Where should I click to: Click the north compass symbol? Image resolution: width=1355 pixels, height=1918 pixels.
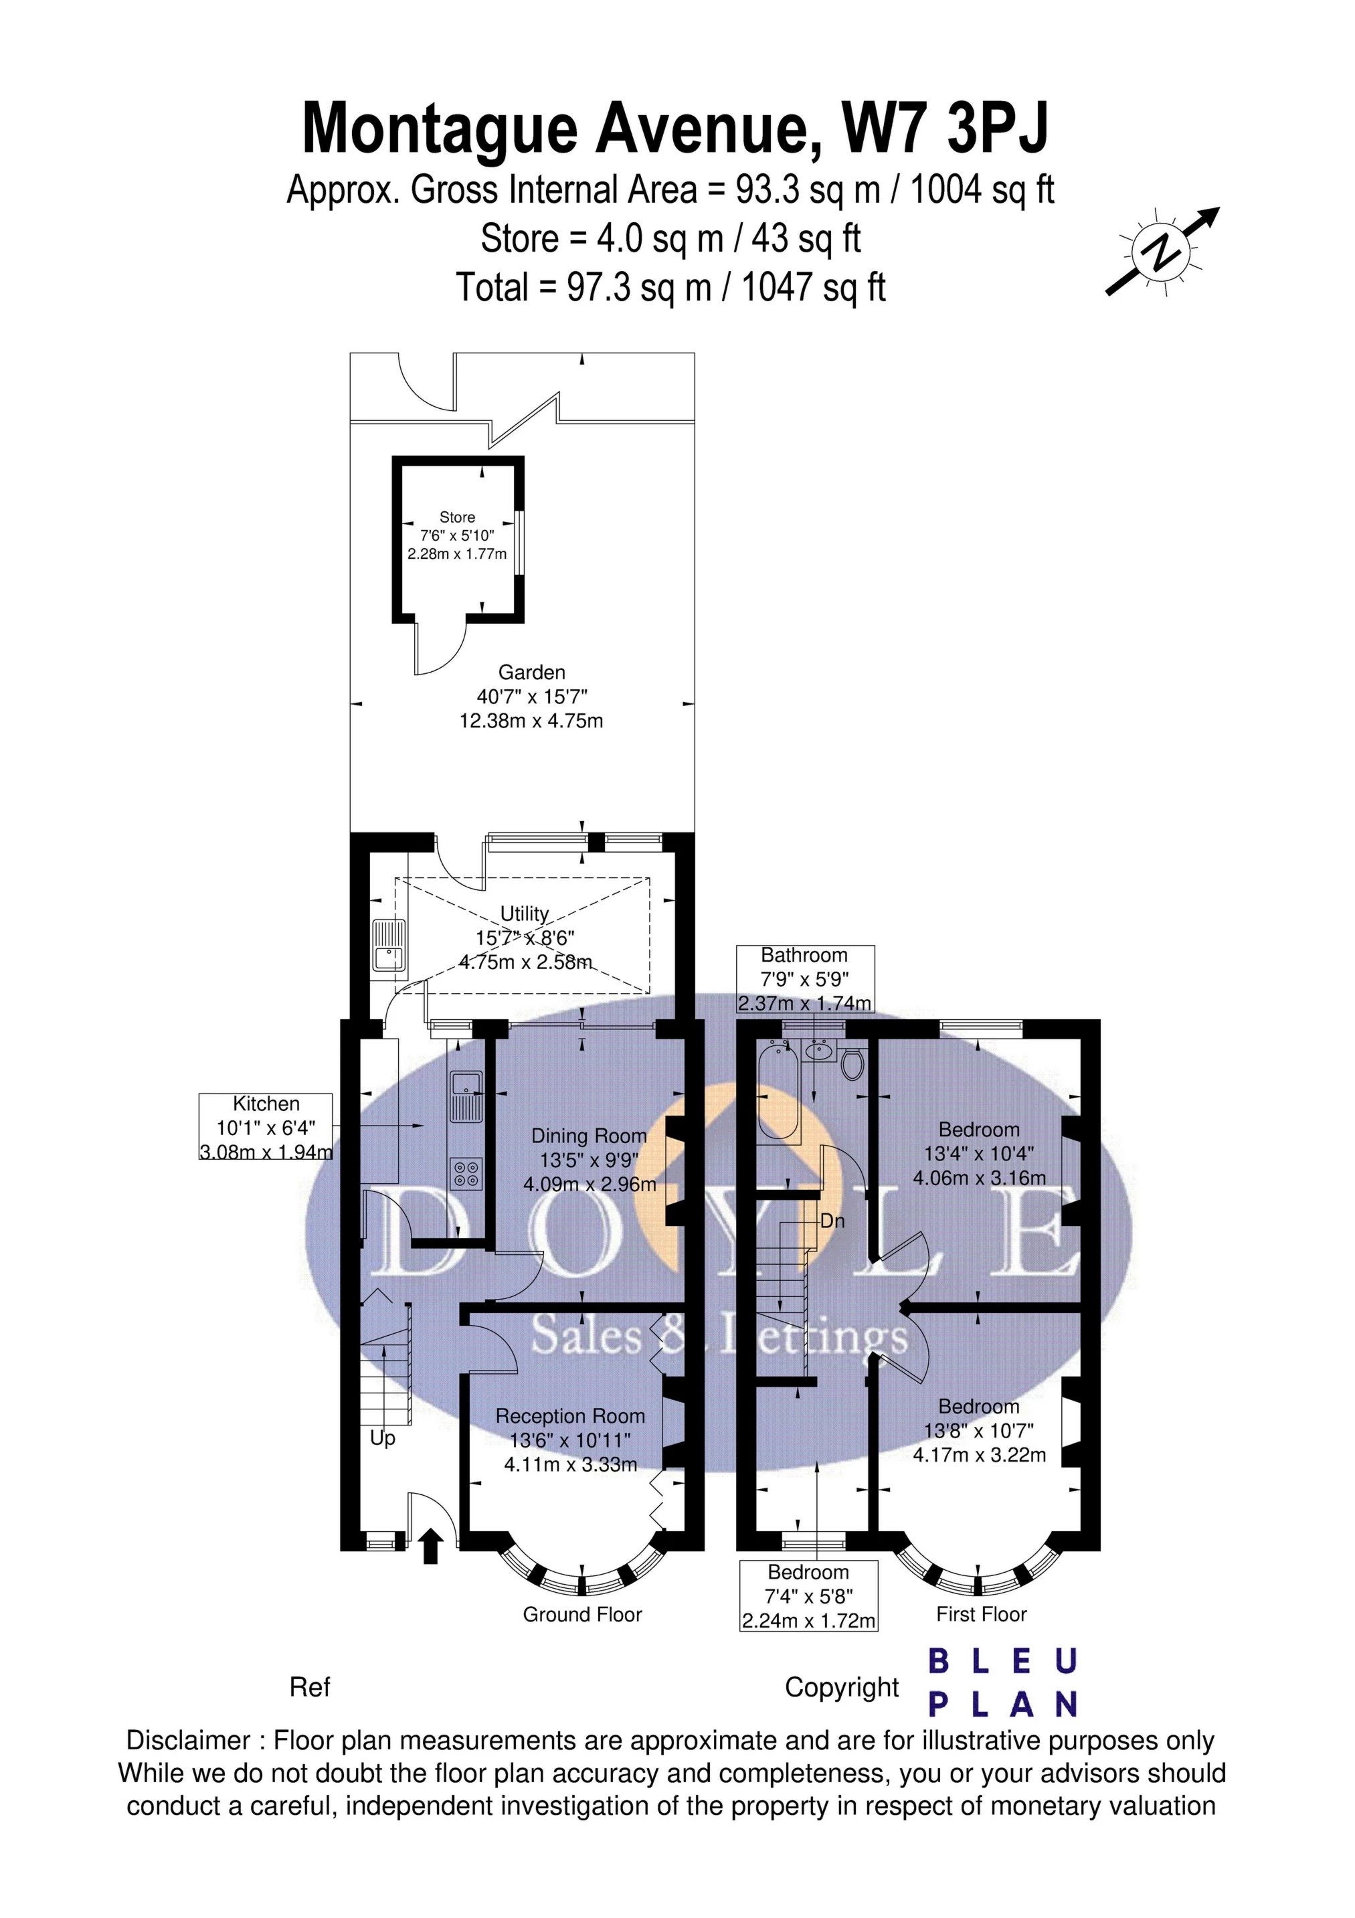coord(1162,252)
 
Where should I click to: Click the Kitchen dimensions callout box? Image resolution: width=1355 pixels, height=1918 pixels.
coord(266,1128)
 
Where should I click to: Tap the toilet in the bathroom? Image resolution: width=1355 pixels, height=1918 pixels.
coord(852,1063)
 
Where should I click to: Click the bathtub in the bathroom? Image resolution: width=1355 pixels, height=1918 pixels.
coord(779,1092)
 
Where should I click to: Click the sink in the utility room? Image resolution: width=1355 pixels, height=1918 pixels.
coord(389,945)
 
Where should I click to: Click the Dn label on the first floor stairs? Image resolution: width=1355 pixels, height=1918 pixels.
coord(832,1221)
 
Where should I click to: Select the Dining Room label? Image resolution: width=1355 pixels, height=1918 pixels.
coord(590,1160)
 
